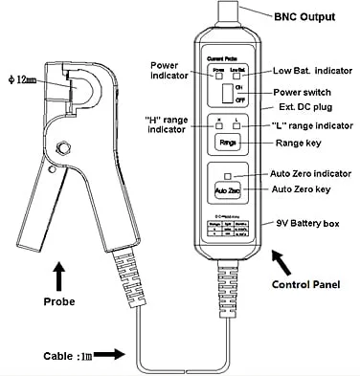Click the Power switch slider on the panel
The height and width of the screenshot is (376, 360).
226,93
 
